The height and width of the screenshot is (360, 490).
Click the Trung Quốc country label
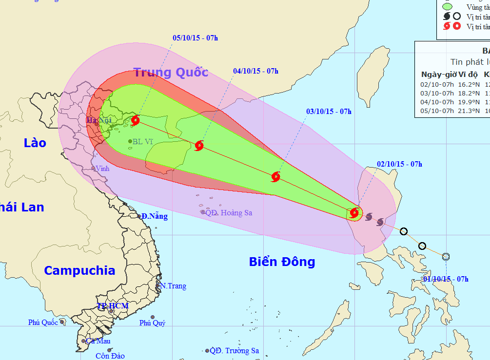(171, 73)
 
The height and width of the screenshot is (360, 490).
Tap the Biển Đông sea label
(282, 262)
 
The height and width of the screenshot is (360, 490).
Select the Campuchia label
(79, 270)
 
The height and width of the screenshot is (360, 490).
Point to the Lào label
(35, 143)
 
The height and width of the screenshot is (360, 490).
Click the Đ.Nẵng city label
(155, 216)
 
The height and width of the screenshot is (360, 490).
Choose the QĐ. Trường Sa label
(235, 351)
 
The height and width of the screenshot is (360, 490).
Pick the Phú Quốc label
(43, 322)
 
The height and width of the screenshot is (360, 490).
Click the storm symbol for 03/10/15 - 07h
(275, 176)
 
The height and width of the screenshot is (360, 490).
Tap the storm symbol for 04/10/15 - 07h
(199, 145)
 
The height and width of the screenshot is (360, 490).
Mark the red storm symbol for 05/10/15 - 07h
(135, 120)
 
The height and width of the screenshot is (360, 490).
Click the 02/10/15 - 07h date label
(399, 164)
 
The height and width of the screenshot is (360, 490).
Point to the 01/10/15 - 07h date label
(446, 279)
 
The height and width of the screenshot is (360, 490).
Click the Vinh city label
(102, 168)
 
